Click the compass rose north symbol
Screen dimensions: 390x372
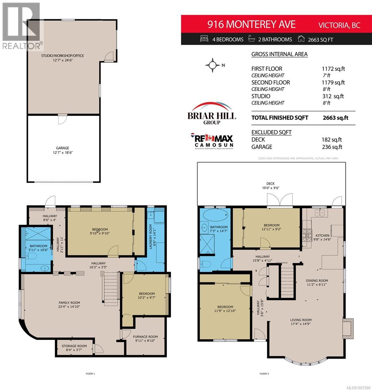(x=213, y=65)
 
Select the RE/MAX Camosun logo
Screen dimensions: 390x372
(x=212, y=140)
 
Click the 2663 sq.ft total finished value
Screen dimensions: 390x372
(x=335, y=118)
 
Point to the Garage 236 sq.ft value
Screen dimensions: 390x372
(x=332, y=147)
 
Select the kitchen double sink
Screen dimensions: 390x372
(x=320, y=213)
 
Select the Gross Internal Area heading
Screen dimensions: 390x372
(x=279, y=54)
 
